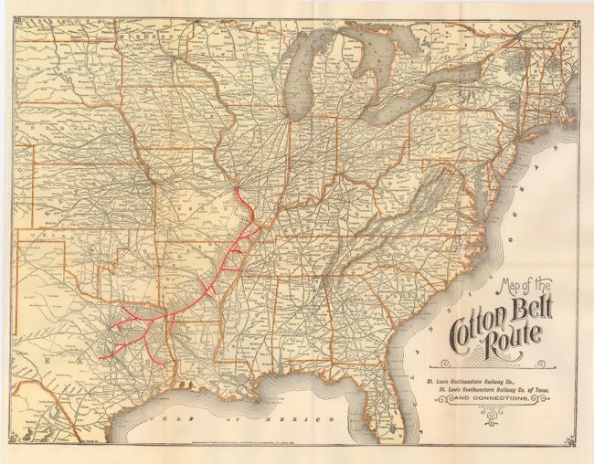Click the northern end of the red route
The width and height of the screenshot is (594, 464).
click(x=236, y=189)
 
